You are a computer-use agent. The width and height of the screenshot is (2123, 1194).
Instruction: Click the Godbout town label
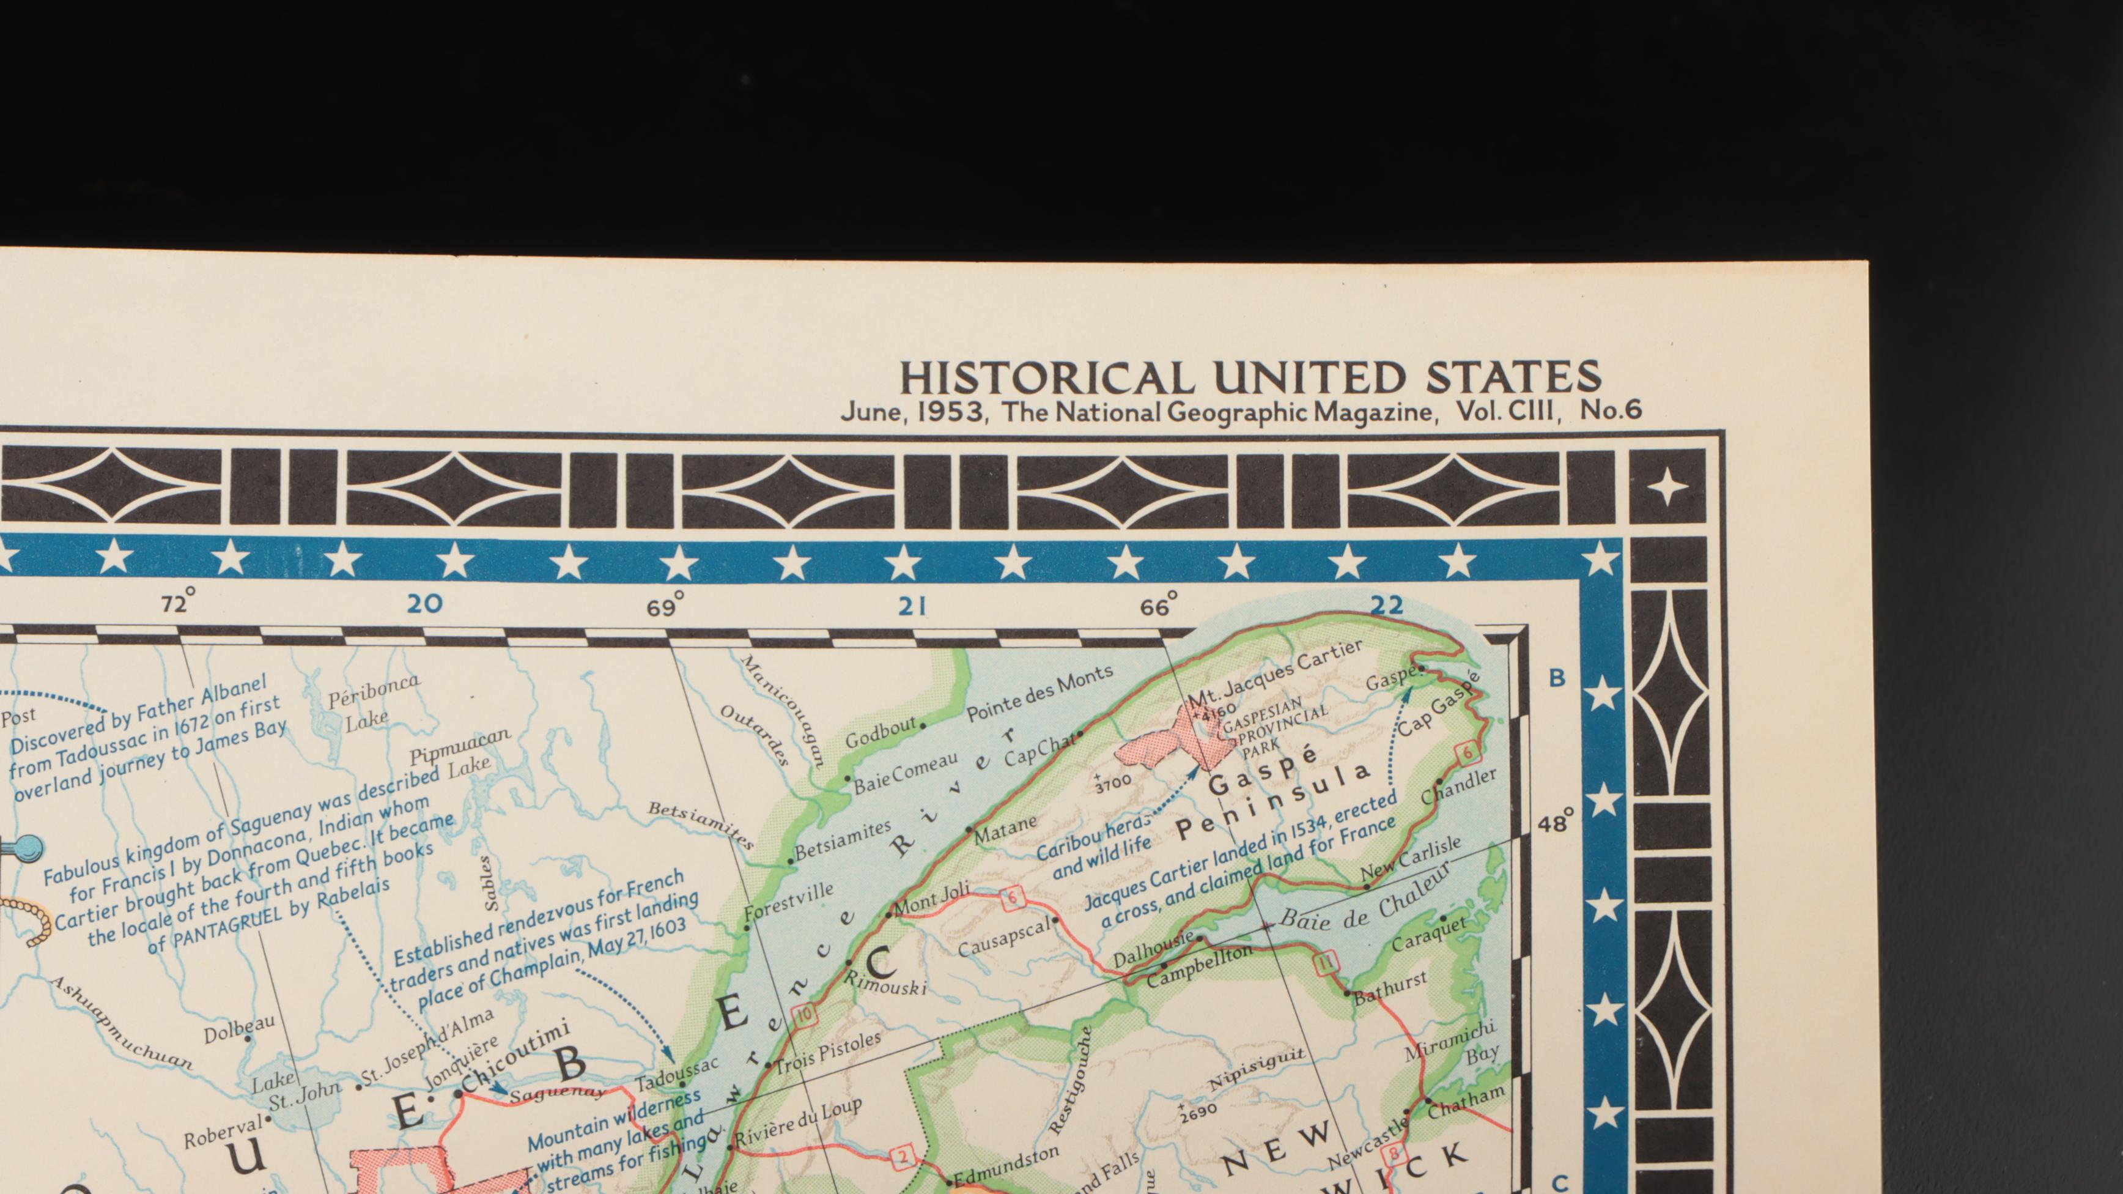(881, 730)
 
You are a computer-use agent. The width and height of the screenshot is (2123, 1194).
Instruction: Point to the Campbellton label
(1200, 965)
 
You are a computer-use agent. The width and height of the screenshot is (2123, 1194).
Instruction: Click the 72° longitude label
(178, 603)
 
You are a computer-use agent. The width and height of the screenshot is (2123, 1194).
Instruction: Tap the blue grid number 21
(912, 607)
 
